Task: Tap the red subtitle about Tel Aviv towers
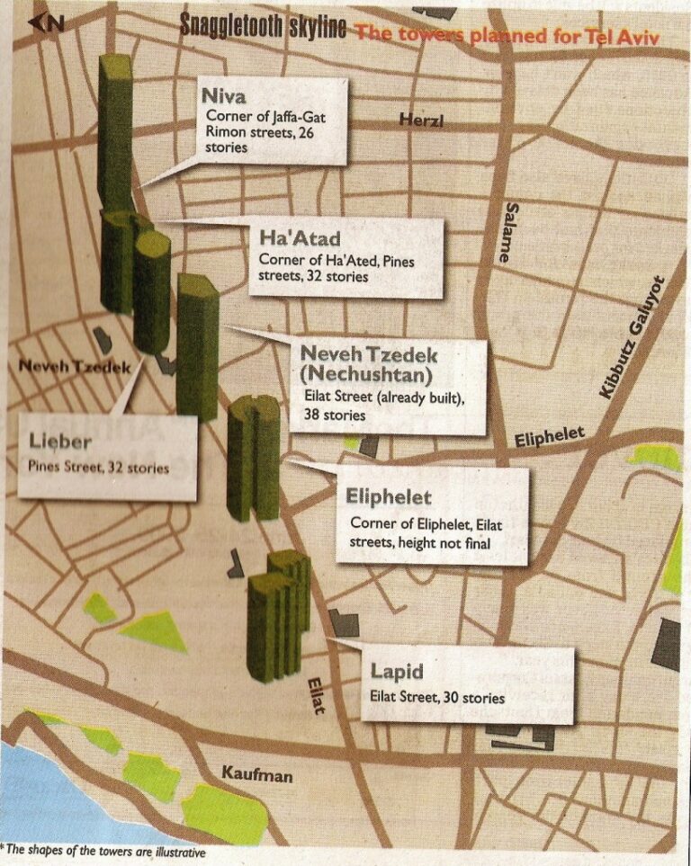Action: click(507, 36)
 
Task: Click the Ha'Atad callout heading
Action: click(300, 238)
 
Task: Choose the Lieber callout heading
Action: click(61, 441)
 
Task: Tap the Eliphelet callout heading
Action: click(389, 497)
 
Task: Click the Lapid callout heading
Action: click(397, 672)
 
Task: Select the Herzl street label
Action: click(421, 121)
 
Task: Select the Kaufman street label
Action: click(256, 774)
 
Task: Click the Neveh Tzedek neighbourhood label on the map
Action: click(75, 367)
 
